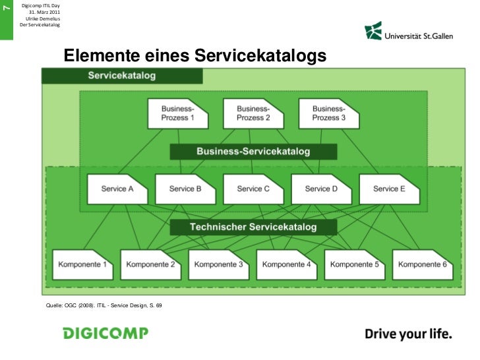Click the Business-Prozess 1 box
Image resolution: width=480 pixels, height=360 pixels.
click(178, 113)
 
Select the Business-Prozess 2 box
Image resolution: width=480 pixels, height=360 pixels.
click(253, 113)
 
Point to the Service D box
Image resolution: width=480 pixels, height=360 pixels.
click(321, 189)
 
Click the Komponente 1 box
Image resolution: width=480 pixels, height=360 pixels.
click(83, 264)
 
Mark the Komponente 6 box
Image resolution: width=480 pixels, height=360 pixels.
click(423, 264)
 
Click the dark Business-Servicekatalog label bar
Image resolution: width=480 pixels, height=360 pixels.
click(253, 152)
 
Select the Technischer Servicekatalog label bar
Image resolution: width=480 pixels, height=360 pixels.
click(253, 227)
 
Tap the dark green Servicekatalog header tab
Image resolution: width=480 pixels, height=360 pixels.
click(123, 75)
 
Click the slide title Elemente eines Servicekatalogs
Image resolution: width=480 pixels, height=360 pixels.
click(195, 57)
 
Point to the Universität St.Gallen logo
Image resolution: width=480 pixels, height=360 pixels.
click(409, 31)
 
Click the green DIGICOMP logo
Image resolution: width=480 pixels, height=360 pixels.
click(105, 333)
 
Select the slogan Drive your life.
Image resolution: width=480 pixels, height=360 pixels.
click(409, 334)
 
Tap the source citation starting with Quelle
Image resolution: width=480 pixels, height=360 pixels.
click(104, 306)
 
